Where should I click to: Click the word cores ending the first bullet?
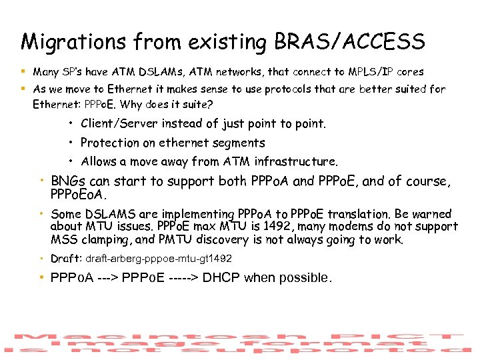coord(408,71)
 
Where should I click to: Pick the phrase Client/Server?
coord(119,123)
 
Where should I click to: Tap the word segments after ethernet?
coord(238,143)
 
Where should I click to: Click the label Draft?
coord(66,258)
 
